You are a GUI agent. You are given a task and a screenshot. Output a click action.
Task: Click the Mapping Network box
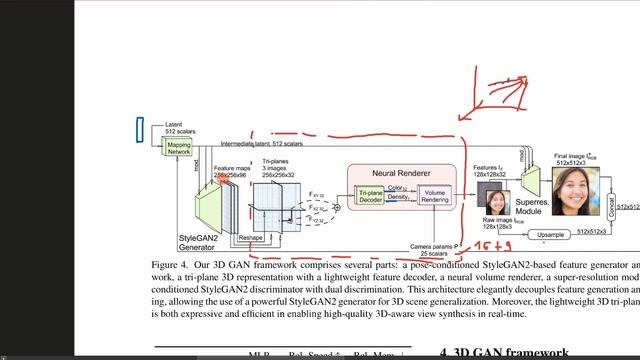pyautogui.click(x=179, y=146)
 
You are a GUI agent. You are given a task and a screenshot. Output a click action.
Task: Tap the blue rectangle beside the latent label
pyautogui.click(x=140, y=129)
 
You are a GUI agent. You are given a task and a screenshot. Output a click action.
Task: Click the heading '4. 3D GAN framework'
pyautogui.click(x=504, y=352)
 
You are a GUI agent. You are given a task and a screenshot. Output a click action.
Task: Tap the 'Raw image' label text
pyautogui.click(x=500, y=219)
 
